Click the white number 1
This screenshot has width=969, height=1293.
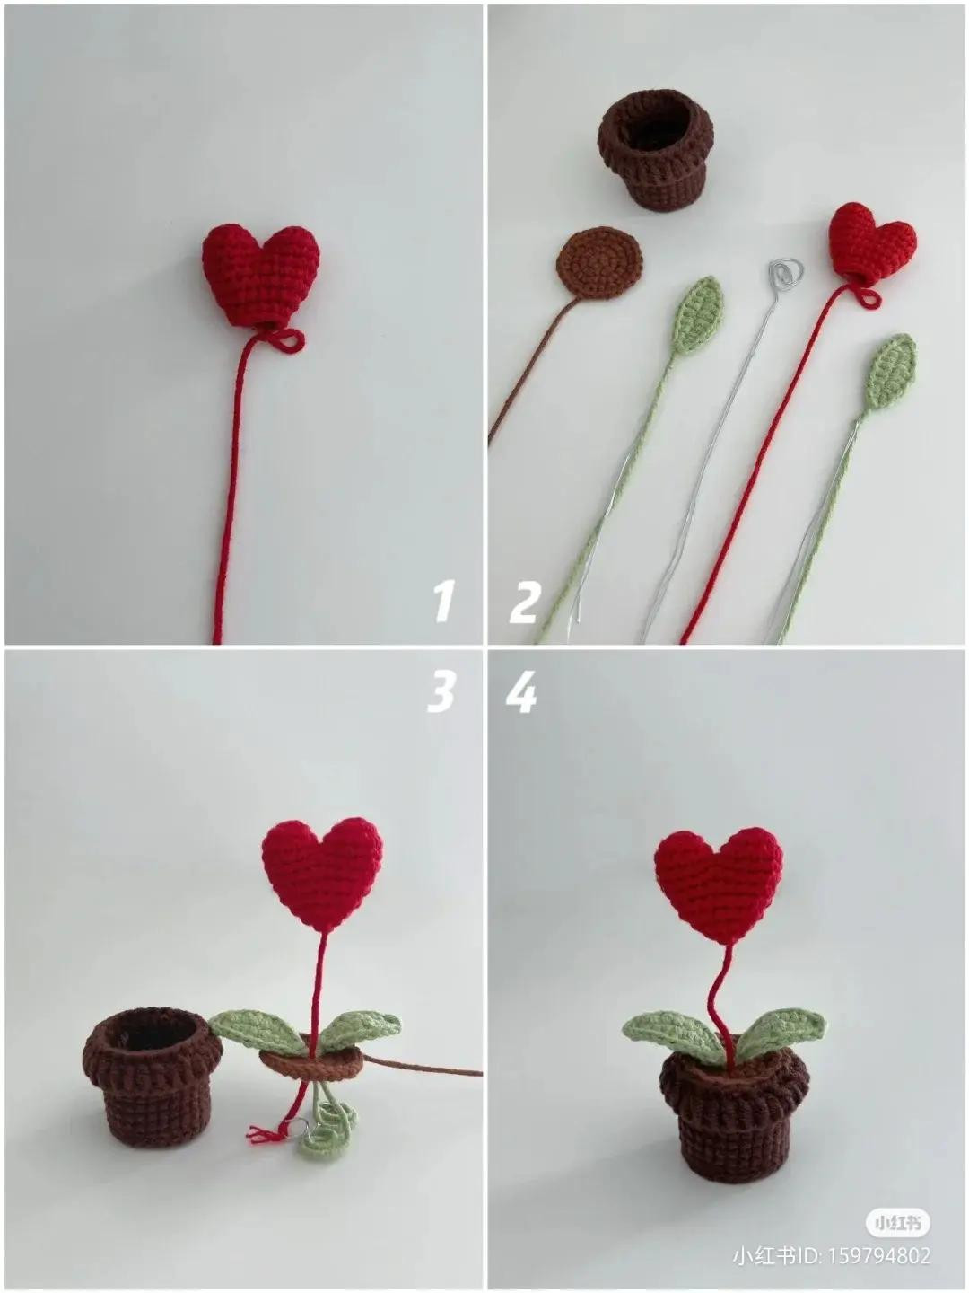442,601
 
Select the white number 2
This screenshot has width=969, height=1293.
525,602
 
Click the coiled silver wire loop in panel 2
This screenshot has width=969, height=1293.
785,273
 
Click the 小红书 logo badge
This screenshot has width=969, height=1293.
897,1223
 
